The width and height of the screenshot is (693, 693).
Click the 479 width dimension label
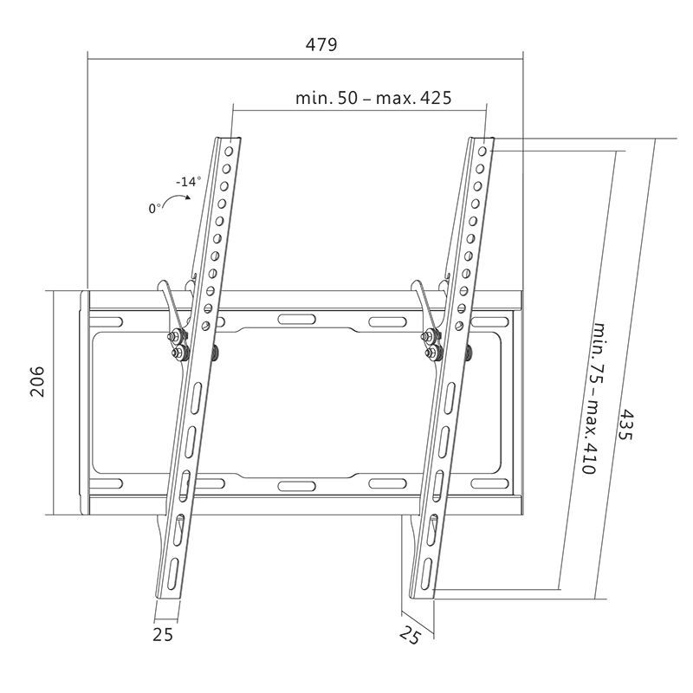(321, 44)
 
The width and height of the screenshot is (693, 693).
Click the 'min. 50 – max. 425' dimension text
(373, 98)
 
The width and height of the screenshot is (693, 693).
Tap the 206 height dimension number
(37, 381)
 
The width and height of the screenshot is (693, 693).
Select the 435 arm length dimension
(625, 424)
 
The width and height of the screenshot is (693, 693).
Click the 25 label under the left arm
(162, 635)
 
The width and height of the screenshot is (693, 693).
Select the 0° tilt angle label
(155, 208)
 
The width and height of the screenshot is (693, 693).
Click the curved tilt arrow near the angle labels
(180, 200)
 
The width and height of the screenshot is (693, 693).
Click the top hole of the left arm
(229, 149)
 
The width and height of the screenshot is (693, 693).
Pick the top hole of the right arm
(483, 149)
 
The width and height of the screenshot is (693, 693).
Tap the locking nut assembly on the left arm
(178, 344)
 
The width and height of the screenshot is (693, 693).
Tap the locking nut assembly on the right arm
(430, 344)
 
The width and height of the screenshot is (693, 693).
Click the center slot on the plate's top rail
(296, 320)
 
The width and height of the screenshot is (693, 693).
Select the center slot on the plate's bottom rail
(296, 484)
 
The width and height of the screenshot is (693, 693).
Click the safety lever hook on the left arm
(167, 295)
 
